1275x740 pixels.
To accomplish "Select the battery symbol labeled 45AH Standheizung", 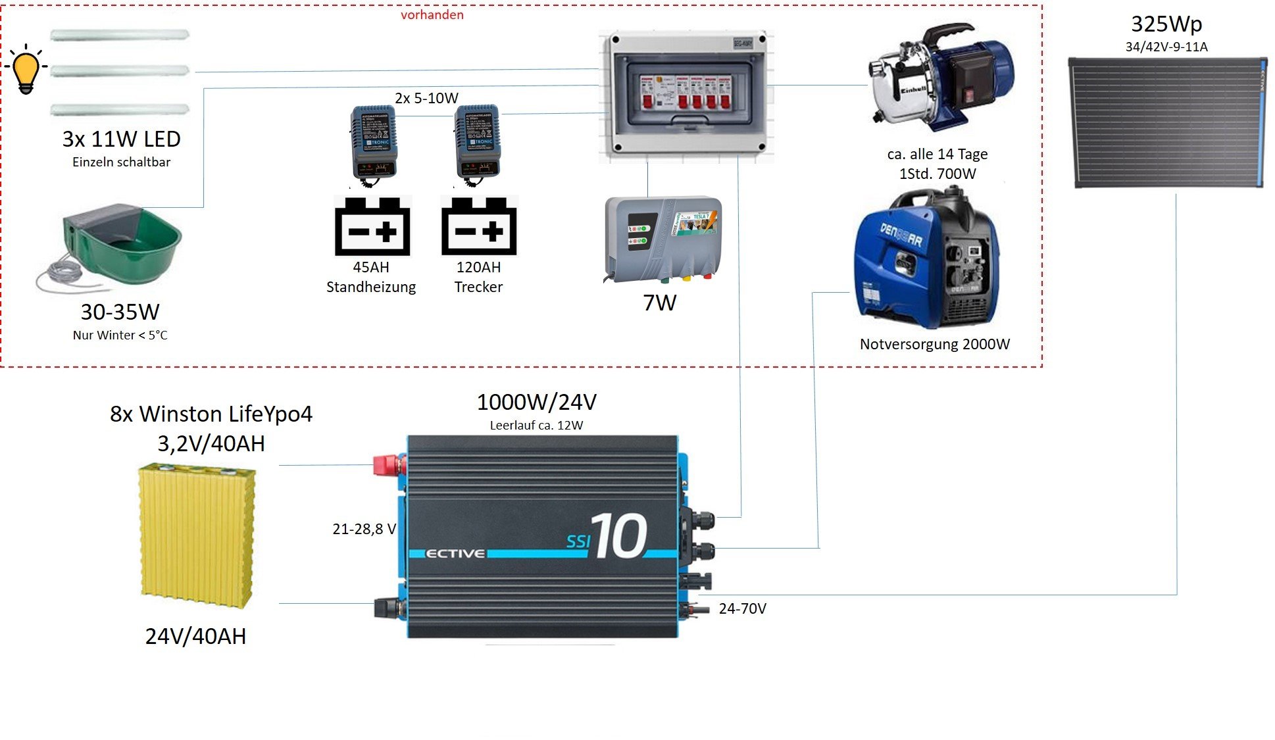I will point(372,226).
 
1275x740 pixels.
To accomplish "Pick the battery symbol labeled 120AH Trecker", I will point(479,226).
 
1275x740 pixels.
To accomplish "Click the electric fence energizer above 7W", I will point(662,238).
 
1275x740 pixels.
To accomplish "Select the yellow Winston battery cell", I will point(196,535).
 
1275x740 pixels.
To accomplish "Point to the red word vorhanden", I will point(432,14).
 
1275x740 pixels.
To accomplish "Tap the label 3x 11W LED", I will point(121,139).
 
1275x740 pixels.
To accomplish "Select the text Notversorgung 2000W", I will point(934,344).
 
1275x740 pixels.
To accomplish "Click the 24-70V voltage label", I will point(742,608).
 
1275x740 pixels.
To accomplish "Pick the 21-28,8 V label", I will point(364,529).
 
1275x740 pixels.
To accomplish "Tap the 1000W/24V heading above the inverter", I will point(536,401).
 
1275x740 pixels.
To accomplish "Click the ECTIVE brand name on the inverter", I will point(455,553).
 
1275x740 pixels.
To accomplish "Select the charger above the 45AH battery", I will point(373,141).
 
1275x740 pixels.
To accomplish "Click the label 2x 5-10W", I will point(426,98).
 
